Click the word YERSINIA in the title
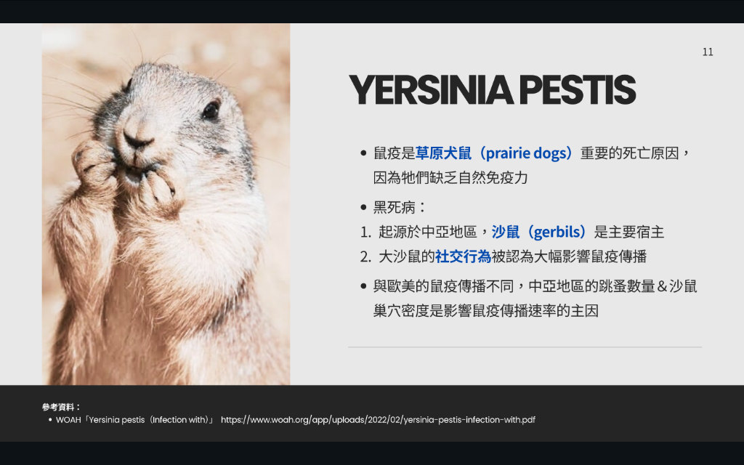coord(431,89)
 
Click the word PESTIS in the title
coord(578,89)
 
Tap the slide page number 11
coord(708,52)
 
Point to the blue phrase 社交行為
coord(463,256)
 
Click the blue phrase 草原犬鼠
coord(444,153)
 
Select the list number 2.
coord(365,257)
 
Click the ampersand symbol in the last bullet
coord(662,286)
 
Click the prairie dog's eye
coord(211,110)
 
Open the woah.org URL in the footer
coord(378,420)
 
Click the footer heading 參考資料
coord(58,407)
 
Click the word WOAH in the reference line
coord(68,420)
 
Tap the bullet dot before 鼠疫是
coord(363,153)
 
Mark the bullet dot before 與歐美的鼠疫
coord(363,286)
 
